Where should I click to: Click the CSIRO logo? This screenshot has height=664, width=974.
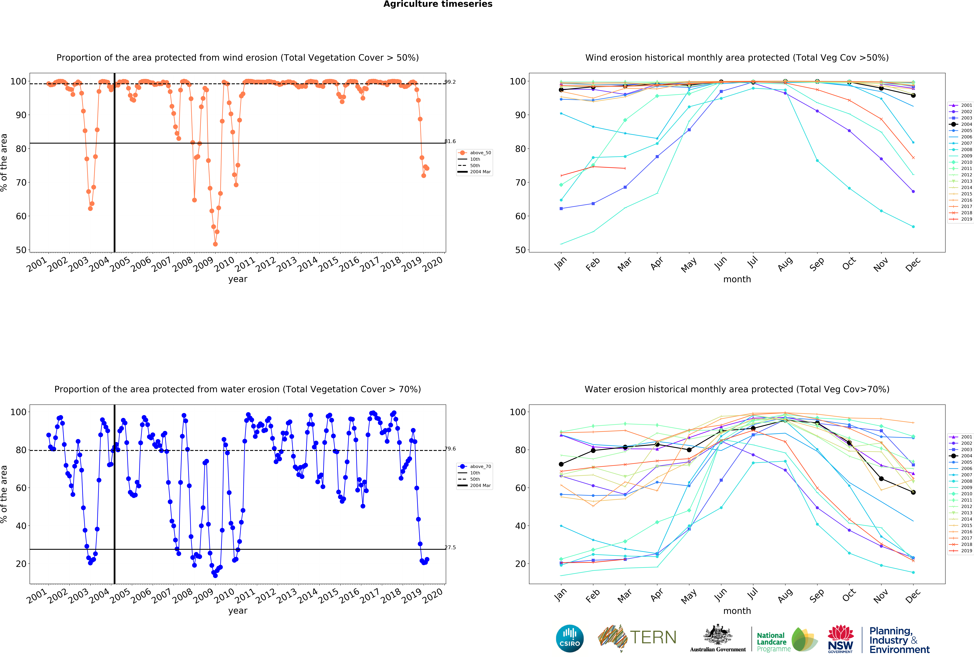[x=570, y=638]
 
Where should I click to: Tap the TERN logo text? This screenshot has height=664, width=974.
[x=653, y=638]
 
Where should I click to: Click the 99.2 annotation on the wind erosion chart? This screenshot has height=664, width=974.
[x=450, y=82]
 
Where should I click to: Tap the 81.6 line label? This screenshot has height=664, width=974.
[x=450, y=141]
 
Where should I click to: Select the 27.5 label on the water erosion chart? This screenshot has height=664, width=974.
[x=450, y=547]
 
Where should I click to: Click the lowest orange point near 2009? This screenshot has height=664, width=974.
[x=215, y=244]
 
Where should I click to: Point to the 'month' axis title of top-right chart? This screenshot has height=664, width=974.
[x=737, y=279]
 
